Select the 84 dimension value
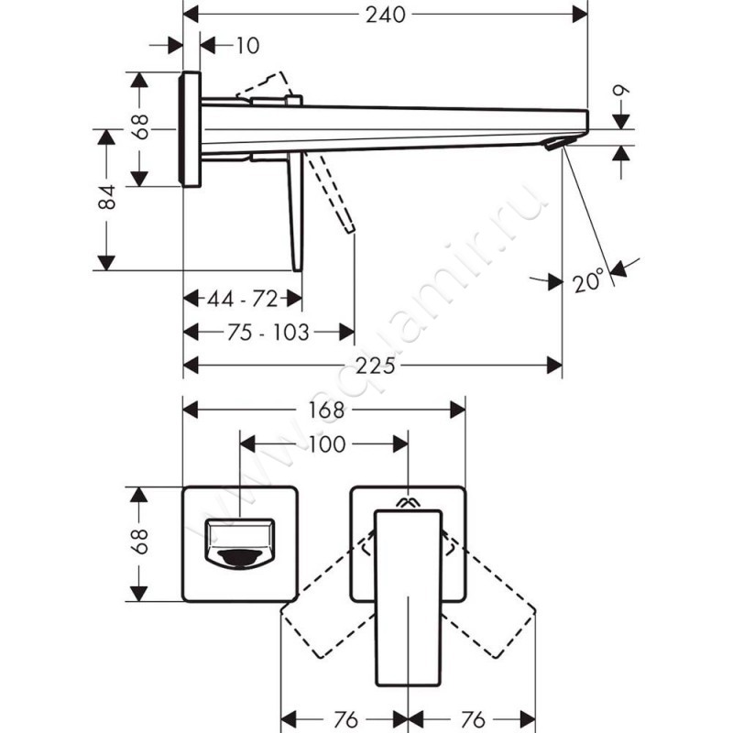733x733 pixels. (108, 198)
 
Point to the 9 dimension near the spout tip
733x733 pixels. (623, 92)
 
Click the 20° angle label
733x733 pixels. (590, 279)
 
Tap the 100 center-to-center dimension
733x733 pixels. (326, 444)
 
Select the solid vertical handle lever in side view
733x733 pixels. (295, 211)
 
